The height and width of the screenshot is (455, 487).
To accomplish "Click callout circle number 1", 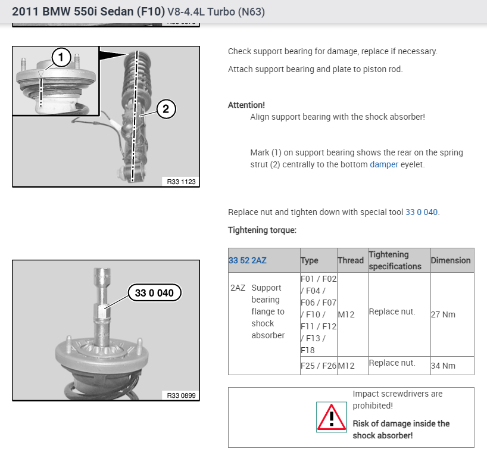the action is (61, 57).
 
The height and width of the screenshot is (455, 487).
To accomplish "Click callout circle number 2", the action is (166, 109).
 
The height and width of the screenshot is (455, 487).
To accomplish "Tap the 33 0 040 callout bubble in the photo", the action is (154, 292).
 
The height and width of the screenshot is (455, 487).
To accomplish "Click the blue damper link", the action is (384, 164).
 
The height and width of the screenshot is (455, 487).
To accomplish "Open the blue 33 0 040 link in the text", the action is (422, 212).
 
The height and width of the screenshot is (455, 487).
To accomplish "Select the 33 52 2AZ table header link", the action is (248, 260).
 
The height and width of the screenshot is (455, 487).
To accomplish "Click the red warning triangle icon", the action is (332, 417).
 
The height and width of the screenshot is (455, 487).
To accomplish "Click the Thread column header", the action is (351, 260).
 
